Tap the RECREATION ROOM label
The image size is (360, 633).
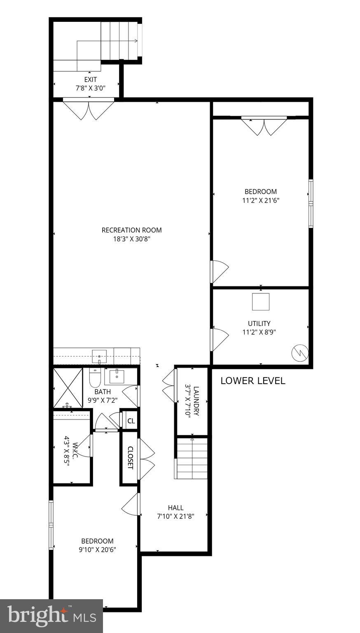coord(131,230)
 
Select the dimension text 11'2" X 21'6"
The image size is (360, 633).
coord(260,201)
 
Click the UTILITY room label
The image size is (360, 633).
coord(259,324)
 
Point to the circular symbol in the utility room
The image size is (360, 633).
coord(300,353)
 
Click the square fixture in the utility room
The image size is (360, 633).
coord(260,302)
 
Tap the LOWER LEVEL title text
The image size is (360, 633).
coord(252,381)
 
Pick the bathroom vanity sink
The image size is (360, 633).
coord(117,376)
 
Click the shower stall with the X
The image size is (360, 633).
coord(68,388)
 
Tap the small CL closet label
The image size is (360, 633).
coord(131,421)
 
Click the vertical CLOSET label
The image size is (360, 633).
coord(130,458)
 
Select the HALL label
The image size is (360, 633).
coord(175,508)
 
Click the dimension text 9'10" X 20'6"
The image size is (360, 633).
coord(97,549)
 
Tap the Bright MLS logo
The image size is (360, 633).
coord(51,616)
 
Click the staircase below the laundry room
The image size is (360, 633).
coord(192,458)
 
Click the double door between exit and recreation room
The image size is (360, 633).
coord(89,109)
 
